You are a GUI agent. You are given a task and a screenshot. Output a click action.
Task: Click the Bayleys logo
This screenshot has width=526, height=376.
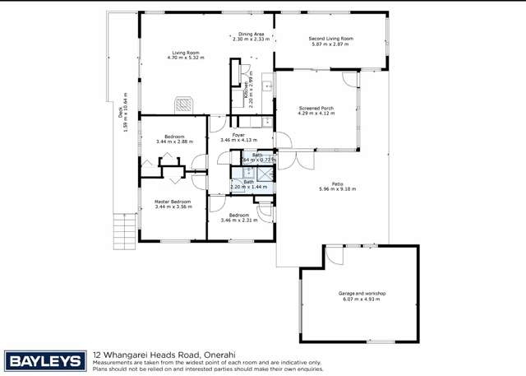click(x=45, y=360)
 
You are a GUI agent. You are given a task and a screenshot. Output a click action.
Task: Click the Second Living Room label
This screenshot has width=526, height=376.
click(x=330, y=38)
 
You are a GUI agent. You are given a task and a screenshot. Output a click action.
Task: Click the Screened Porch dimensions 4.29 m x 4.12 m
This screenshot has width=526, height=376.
click(x=316, y=113)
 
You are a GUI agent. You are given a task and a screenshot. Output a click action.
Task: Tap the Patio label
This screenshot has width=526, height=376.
click(x=337, y=183)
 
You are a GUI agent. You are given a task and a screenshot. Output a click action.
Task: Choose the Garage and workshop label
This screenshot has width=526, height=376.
click(x=362, y=293)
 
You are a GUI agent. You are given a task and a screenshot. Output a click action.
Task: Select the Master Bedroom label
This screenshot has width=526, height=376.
click(x=173, y=202)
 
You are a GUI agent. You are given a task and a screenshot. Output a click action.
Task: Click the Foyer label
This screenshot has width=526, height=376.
click(x=238, y=134)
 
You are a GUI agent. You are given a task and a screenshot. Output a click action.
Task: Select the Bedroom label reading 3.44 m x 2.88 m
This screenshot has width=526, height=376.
click(x=173, y=142)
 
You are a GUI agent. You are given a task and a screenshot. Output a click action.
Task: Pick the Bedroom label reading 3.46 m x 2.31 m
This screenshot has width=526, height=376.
click(x=238, y=220)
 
